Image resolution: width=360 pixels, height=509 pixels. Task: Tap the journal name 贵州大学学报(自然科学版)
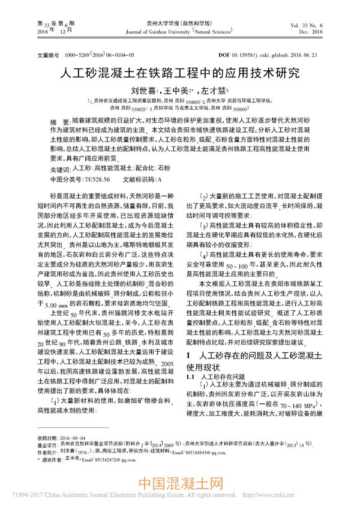pyautogui.click(x=180, y=22)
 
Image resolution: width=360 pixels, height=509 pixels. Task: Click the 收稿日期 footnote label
pyautogui.click(x=46, y=455)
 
